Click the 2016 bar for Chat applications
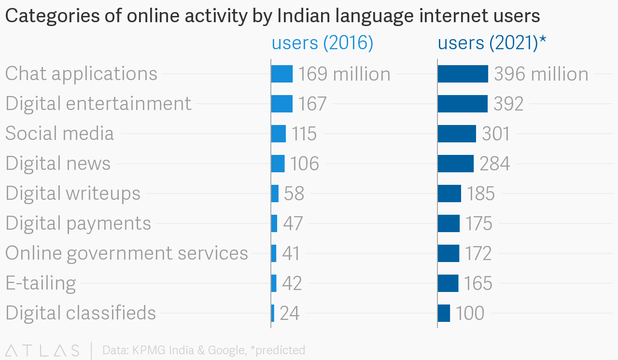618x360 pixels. (x=282, y=74)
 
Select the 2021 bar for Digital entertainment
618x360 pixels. (x=463, y=104)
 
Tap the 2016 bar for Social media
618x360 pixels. (x=279, y=134)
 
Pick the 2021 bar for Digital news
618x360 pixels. (x=456, y=164)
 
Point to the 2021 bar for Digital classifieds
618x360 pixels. (x=444, y=313)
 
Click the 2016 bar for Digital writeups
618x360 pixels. (x=275, y=194)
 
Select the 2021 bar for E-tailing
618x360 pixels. (x=448, y=283)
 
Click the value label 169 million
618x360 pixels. (x=344, y=74)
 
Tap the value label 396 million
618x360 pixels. (x=541, y=74)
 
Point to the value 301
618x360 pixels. (x=496, y=134)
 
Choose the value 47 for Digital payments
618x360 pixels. (x=293, y=223)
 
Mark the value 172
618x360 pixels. (x=478, y=253)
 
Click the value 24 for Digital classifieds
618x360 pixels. (x=290, y=313)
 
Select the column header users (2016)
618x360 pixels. (x=323, y=43)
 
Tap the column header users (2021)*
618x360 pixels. (x=492, y=43)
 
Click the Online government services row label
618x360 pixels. (x=126, y=253)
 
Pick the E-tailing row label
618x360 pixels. (x=41, y=283)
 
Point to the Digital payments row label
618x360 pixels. (x=78, y=223)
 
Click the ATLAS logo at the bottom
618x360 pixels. (x=42, y=350)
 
